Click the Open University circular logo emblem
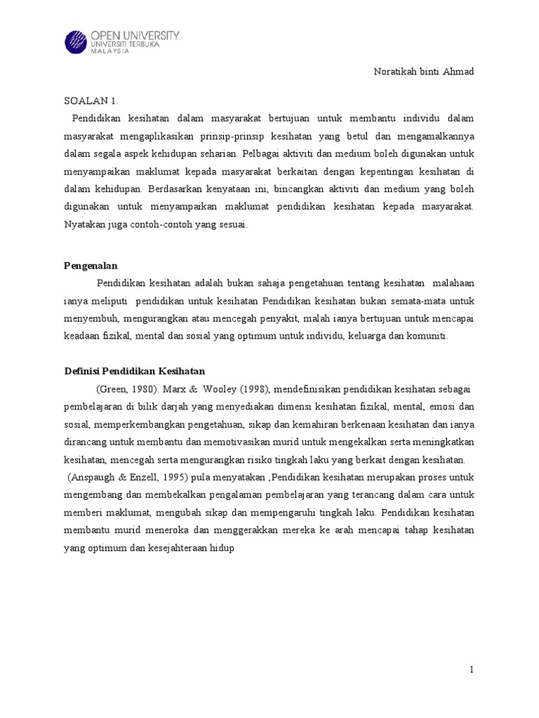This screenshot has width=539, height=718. click(x=76, y=41)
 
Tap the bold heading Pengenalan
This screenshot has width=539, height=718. click(x=91, y=266)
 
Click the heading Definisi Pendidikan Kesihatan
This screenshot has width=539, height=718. click(x=134, y=371)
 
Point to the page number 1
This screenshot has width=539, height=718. click(x=472, y=670)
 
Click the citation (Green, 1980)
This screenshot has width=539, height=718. click(x=124, y=389)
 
